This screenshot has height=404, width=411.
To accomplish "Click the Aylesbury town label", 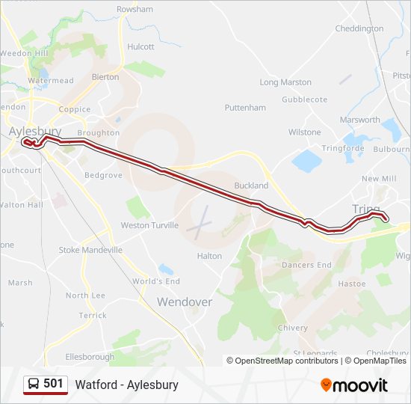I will [x=35, y=131].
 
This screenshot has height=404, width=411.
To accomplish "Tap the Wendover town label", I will [x=184, y=302].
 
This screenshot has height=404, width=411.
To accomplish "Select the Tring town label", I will [x=365, y=209].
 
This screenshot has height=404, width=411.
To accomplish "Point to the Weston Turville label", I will [x=149, y=225].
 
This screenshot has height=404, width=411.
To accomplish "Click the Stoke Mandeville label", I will [x=90, y=250].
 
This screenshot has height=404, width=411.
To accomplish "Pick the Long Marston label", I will [x=285, y=82].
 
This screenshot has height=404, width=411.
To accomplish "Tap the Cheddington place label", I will [x=359, y=29].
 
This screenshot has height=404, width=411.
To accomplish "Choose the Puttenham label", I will [x=245, y=108].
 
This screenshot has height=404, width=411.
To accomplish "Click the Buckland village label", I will [x=251, y=186].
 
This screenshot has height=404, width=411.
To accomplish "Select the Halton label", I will [x=209, y=256].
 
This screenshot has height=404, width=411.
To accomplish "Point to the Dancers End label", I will [x=306, y=265].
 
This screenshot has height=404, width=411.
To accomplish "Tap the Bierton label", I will [x=105, y=77].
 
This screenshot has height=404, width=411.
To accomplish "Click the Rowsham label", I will [x=135, y=9].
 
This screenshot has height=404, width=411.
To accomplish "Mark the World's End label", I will [x=156, y=281].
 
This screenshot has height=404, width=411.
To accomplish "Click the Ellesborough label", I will [x=90, y=357].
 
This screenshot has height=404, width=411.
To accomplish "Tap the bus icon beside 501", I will [x=34, y=384].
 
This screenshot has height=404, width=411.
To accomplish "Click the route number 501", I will [x=53, y=384].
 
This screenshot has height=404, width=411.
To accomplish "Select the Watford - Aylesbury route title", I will [x=126, y=385].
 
